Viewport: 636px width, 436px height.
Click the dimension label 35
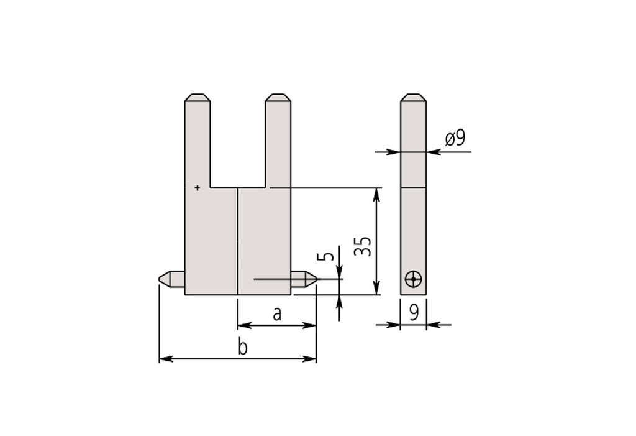[363, 246]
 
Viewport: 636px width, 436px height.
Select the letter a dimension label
[277, 314]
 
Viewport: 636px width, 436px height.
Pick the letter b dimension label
[243, 348]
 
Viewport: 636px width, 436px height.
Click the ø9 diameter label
[455, 139]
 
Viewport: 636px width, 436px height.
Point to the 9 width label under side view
[414, 313]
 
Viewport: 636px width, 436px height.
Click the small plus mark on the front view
[198, 188]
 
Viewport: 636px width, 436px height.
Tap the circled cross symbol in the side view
[413, 279]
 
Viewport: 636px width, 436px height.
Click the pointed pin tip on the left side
[159, 279]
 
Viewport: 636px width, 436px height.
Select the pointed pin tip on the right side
[314, 279]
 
